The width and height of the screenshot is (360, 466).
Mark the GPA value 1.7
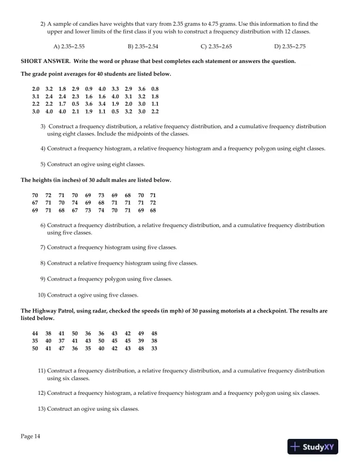(62, 104)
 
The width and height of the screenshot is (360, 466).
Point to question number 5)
(43, 164)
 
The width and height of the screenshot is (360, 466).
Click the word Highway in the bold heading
(43, 309)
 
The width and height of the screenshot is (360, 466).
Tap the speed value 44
(35, 333)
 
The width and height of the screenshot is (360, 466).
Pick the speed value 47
(62, 348)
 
